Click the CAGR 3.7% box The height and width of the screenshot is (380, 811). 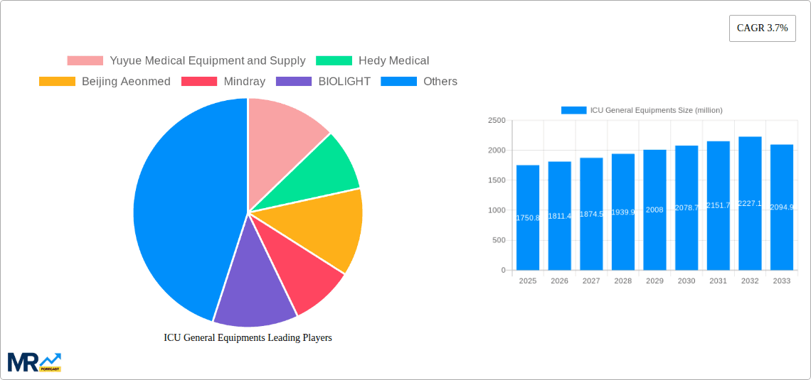click(762, 28)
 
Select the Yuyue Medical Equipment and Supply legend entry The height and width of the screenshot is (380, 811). click(186, 61)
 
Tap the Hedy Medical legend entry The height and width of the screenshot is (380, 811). click(372, 61)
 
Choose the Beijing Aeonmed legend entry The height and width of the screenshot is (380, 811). click(105, 82)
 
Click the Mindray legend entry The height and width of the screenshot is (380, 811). click(223, 82)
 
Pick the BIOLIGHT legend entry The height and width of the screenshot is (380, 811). click(323, 82)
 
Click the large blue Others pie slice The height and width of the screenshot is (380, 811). click(178, 213)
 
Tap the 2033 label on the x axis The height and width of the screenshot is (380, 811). click(781, 281)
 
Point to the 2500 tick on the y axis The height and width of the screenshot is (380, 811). click(497, 121)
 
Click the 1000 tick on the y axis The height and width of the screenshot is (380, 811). click(497, 210)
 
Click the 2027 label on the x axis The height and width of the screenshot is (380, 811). click(591, 281)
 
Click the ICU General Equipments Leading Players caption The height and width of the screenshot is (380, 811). click(248, 338)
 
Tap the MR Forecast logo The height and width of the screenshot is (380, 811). click(34, 362)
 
